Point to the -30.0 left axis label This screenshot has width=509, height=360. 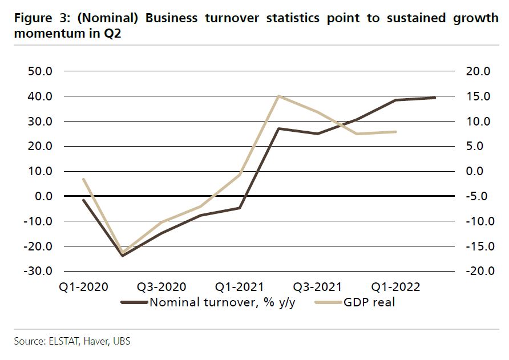pos(38,271)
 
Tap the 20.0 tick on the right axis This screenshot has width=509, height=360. pos(478,71)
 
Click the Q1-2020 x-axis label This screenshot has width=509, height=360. pos(83,286)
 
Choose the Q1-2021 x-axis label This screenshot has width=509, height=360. pos(240,286)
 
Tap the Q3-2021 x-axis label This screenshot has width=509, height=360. pos(318,286)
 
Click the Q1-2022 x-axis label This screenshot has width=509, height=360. pos(395,286)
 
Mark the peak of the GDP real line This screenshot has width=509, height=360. pos(278,96)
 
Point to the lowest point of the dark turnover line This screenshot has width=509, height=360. pos(122,255)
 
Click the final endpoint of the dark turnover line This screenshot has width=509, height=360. pos(435,98)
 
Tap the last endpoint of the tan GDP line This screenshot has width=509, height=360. pos(395,132)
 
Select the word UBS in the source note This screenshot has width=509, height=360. pos(121,342)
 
